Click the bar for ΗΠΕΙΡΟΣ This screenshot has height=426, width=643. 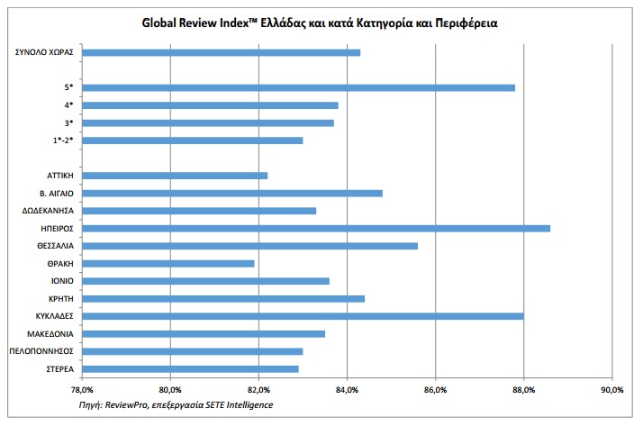tap(316, 229)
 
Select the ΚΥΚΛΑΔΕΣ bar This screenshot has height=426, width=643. tap(303, 316)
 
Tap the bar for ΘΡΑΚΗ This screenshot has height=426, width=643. tap(168, 264)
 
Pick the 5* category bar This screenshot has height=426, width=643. tap(299, 87)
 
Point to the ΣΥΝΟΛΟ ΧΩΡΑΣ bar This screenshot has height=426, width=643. tap(221, 52)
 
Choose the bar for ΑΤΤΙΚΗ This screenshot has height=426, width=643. tap(175, 176)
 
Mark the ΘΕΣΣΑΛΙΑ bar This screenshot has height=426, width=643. tap(249, 246)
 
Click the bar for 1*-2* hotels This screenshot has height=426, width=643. tap(193, 140)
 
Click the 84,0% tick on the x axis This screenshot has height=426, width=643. tap(347, 390)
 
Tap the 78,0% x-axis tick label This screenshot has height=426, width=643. tap(82, 390)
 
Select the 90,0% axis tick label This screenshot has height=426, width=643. tap(612, 390)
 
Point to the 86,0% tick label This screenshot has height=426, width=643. tap(436, 390)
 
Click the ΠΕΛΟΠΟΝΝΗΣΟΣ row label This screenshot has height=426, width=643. tap(41, 351)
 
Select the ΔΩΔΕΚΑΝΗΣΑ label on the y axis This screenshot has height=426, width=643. tap(48, 211)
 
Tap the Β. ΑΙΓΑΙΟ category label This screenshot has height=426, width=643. tap(57, 194)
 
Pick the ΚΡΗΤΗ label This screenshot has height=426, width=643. tap(61, 299)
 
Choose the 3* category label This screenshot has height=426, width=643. tap(68, 123)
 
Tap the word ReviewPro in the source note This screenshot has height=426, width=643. tap(127, 405)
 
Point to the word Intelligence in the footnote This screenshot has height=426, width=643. tap(249, 405)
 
